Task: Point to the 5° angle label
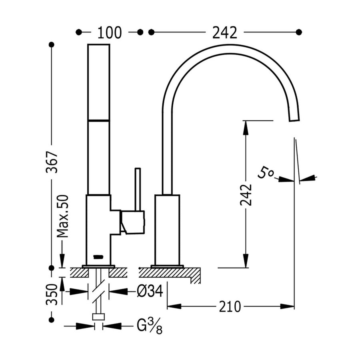pos(266,173)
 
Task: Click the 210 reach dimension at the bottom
pos(230,307)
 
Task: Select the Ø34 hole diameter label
pos(149,292)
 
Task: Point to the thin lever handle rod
pos(138,189)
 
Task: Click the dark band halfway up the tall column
pos(98,120)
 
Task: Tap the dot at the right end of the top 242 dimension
pos(298,32)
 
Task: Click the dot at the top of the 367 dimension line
pos(51,44)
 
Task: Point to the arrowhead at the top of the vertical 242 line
pos(246,126)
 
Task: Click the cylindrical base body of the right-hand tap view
pos(168,230)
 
